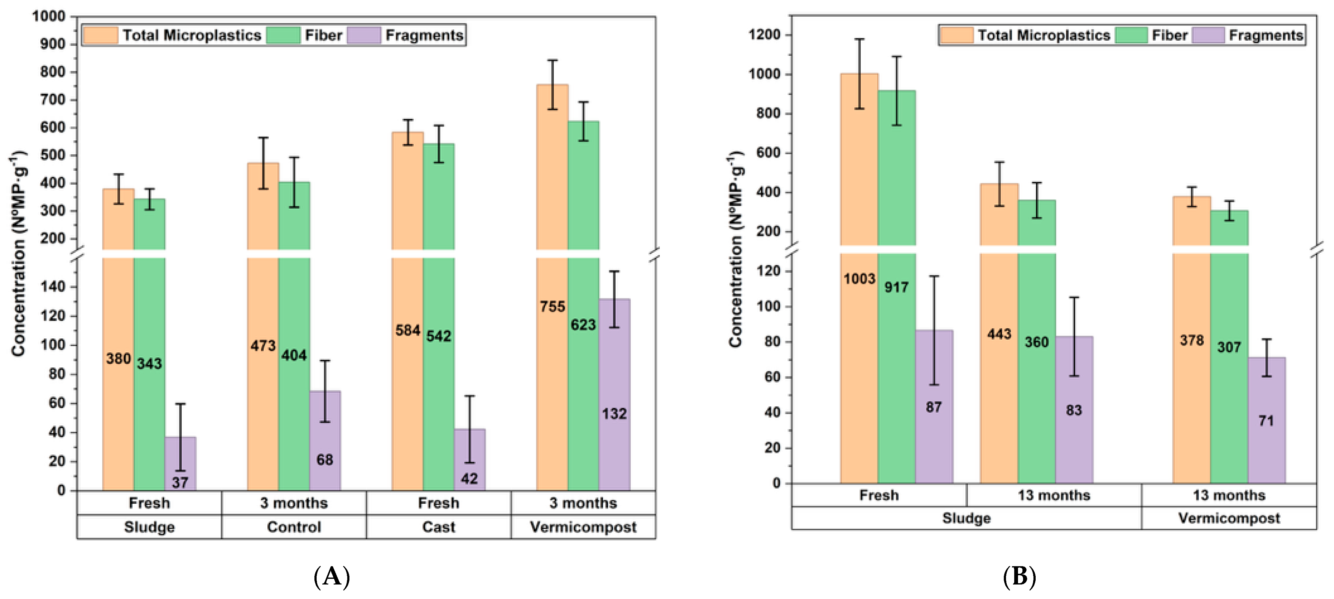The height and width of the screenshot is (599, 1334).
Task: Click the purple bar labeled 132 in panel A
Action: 614,394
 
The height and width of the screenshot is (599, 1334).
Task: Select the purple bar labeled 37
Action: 180,463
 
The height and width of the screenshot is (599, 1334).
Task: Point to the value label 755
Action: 553,306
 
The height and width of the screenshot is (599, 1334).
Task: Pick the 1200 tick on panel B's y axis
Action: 764,35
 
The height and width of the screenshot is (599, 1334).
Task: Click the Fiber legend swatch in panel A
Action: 283,35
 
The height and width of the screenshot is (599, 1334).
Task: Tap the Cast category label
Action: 439,527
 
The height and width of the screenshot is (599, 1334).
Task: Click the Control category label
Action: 294,527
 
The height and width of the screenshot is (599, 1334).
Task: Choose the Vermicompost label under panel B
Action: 1229,518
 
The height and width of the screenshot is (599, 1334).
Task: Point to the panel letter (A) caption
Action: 332,576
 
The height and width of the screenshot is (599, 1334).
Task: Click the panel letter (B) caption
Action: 1019,576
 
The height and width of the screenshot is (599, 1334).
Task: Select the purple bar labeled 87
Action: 934,407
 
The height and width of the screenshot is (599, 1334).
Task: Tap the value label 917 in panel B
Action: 896,287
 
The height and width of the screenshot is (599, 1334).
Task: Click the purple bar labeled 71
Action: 1267,420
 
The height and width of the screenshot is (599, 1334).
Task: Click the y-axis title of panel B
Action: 735,249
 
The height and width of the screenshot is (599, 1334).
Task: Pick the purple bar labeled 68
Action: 325,440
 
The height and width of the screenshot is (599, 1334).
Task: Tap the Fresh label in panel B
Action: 879,495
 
